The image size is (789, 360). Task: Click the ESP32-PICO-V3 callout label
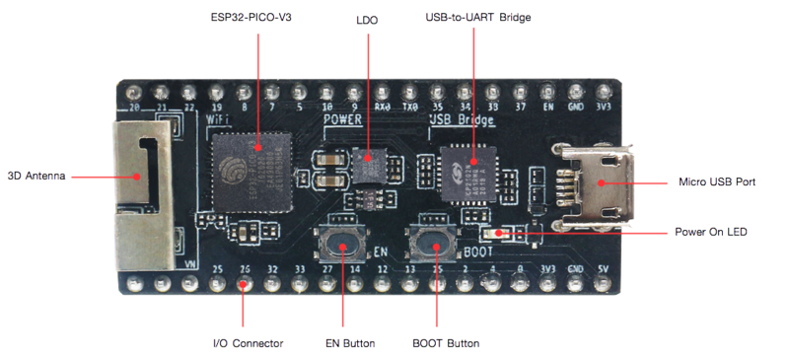[257, 19]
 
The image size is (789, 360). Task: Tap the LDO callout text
[367, 19]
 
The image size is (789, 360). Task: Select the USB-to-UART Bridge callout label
[478, 19]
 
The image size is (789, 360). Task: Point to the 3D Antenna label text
[36, 176]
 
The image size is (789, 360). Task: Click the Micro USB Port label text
[715, 182]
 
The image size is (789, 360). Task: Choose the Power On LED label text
[710, 233]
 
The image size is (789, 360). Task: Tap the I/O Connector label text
[249, 343]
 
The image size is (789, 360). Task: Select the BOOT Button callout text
[445, 343]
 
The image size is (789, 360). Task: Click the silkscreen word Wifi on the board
[217, 119]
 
